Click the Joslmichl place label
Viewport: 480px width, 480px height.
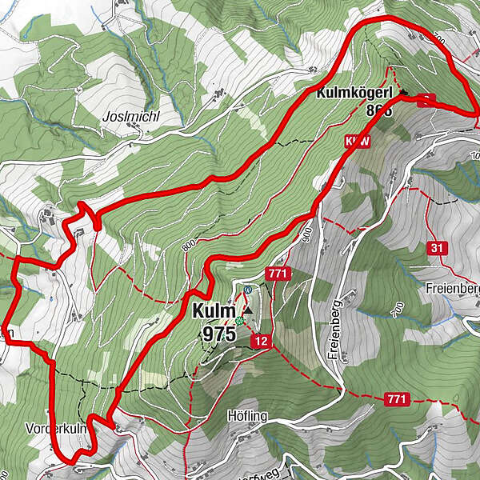click(131, 116)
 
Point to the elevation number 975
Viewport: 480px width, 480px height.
click(214, 334)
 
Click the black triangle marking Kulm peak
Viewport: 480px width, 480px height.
click(247, 310)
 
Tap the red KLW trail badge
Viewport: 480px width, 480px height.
click(358, 142)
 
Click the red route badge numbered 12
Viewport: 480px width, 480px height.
click(260, 342)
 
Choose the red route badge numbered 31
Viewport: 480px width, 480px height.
click(436, 248)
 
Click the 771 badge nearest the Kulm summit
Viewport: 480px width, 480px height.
click(278, 274)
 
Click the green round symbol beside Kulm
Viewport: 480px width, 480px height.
click(238, 321)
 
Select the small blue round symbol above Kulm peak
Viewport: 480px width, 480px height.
click(248, 290)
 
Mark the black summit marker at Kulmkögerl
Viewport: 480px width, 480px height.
click(402, 92)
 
